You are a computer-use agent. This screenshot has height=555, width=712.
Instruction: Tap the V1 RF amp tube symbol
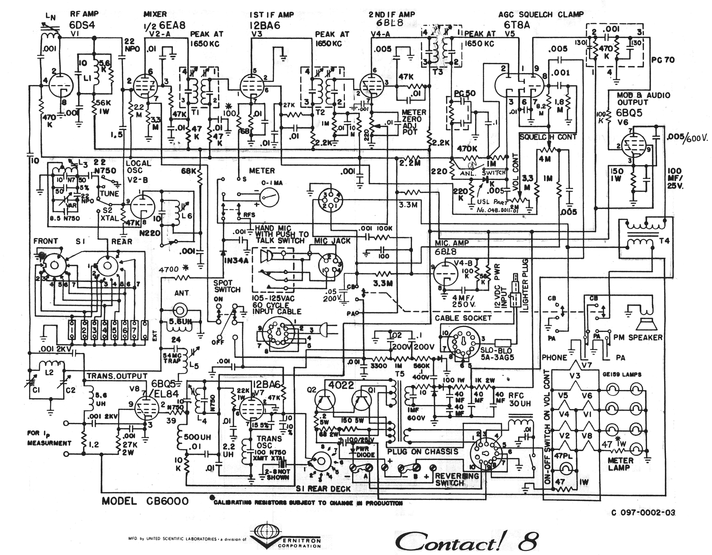tap(61, 85)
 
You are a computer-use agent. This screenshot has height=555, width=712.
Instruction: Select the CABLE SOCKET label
tap(463, 318)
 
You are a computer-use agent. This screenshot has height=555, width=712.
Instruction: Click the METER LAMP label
tap(620, 464)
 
